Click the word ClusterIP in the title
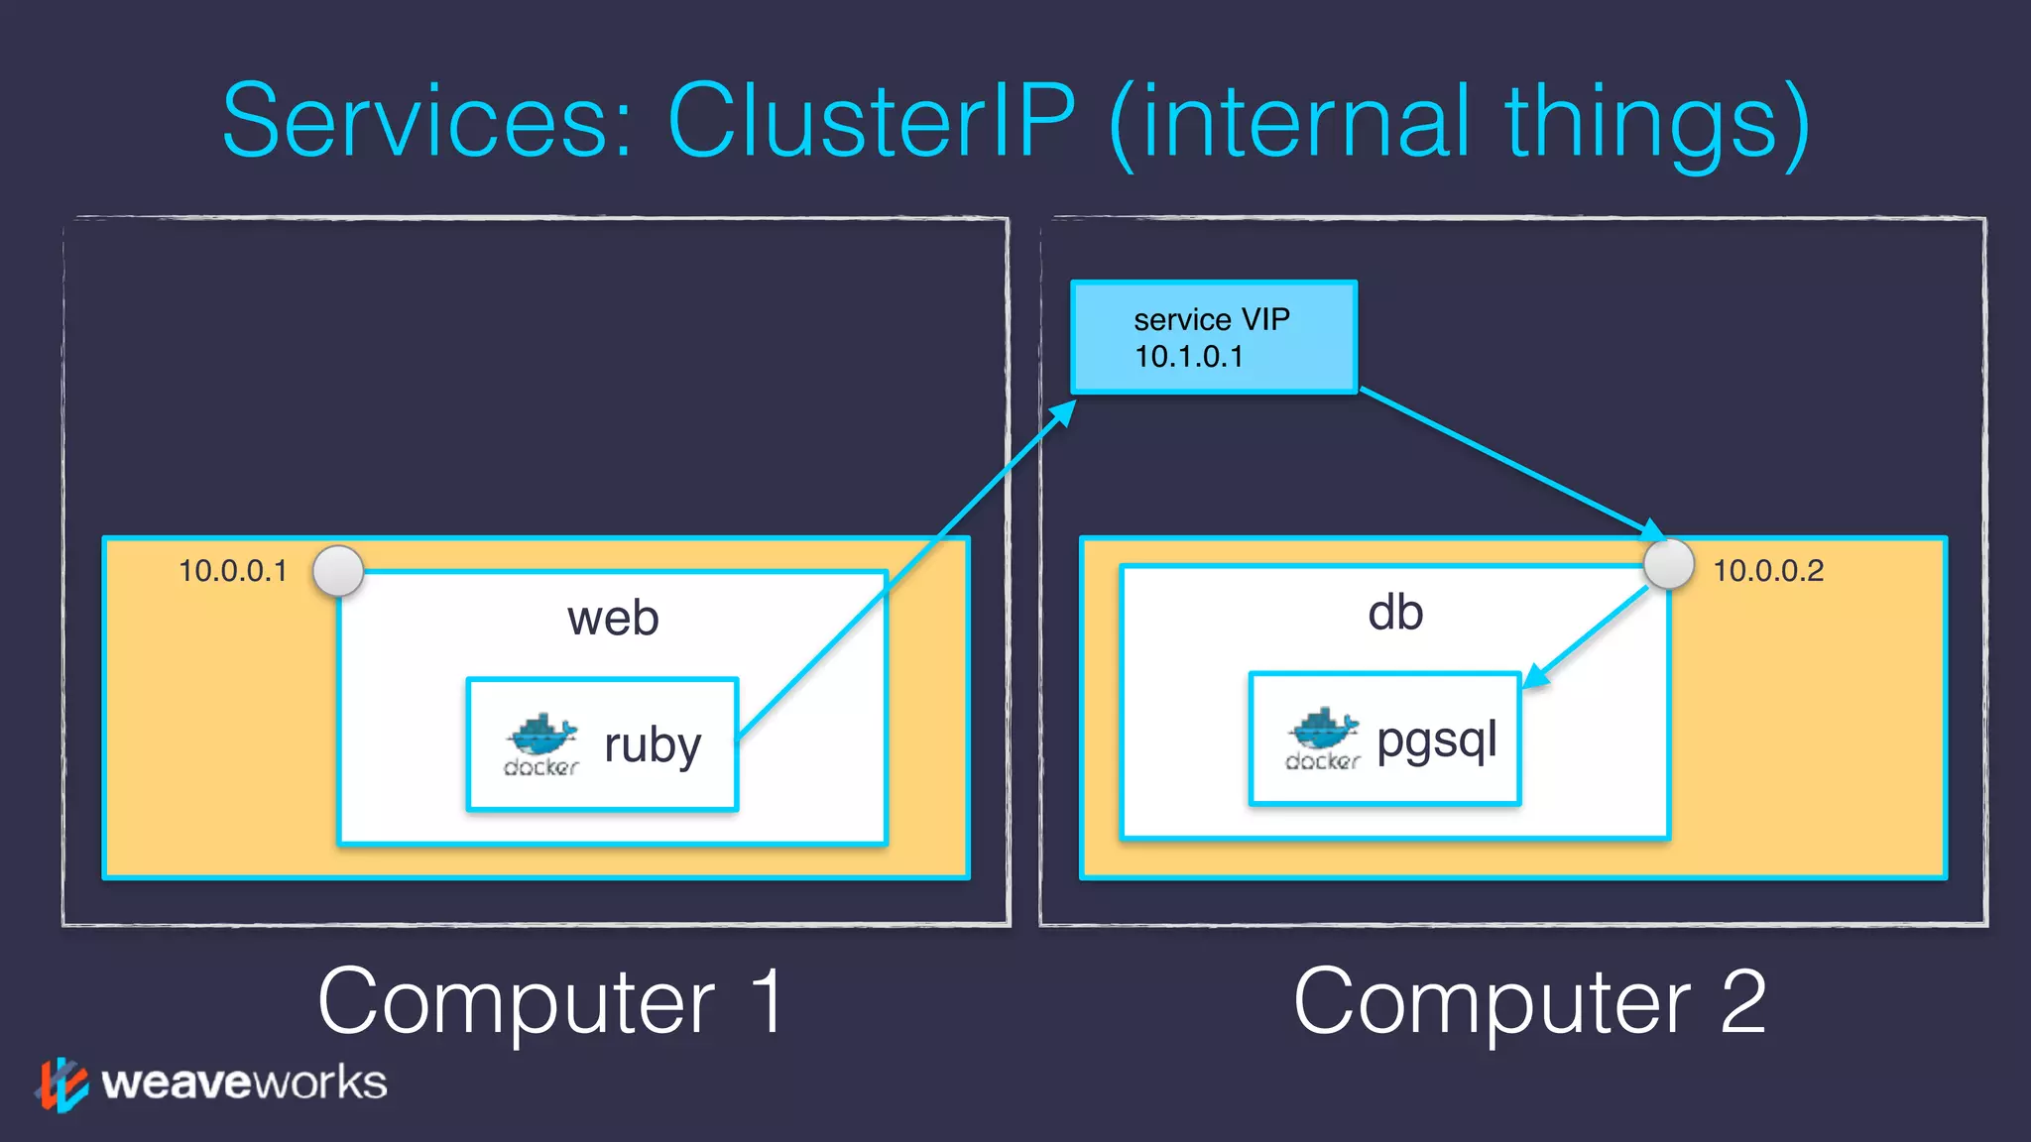871,121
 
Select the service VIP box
1214,337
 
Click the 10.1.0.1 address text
1188,357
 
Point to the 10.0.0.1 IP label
233,571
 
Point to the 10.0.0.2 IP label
1768,571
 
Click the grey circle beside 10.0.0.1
338,571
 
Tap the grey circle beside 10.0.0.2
1668,564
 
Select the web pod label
613,619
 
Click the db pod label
1395,613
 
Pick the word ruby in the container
653,745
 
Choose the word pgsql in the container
1436,740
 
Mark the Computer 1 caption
551,1002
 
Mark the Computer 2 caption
1529,1002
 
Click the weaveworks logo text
244,1083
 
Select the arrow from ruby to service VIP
907,570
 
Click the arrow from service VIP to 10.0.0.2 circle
1507,461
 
